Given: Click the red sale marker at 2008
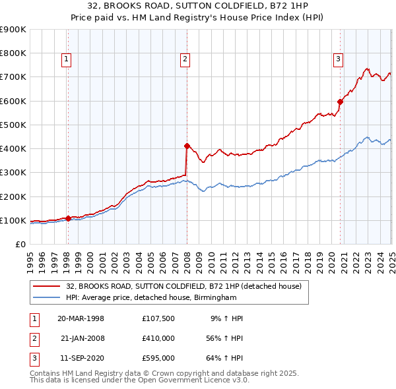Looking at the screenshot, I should coord(187,146).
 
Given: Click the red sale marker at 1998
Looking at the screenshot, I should coord(68,218).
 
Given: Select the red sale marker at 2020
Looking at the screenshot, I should coord(341,102).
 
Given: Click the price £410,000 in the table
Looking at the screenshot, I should coord(158,338).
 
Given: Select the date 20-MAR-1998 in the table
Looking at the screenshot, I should coord(81,318).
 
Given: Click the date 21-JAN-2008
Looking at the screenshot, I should coord(82,338).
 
